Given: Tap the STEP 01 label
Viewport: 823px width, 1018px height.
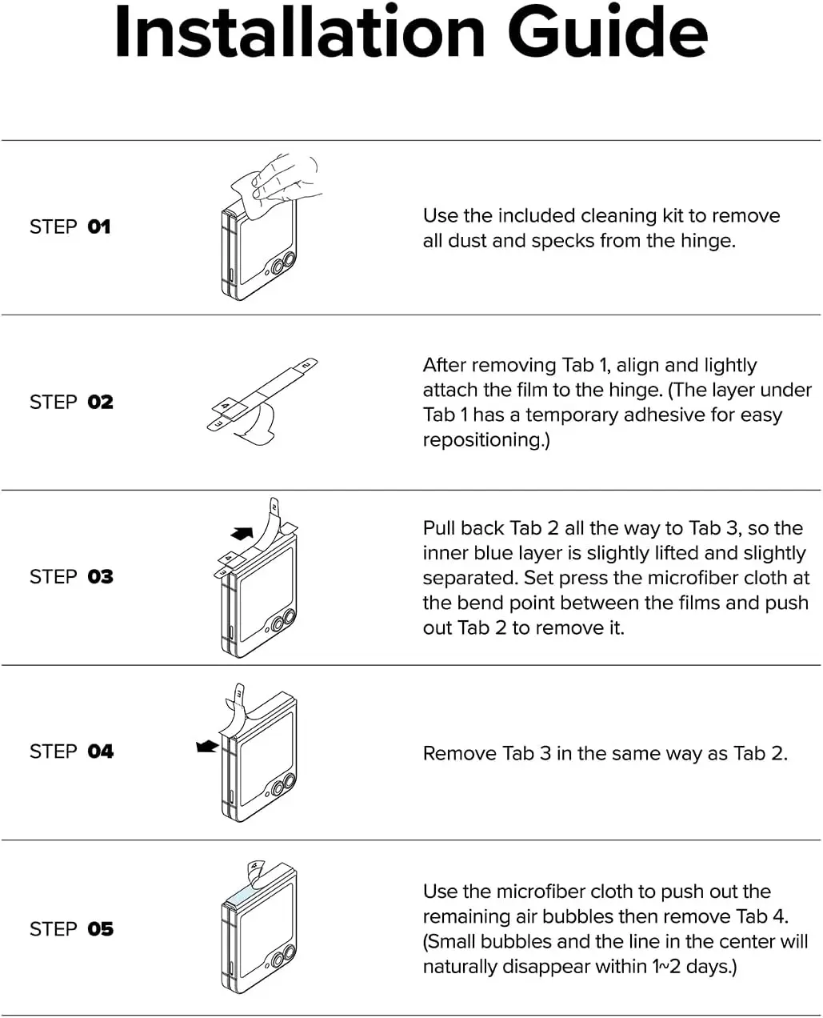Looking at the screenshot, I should pos(70,227).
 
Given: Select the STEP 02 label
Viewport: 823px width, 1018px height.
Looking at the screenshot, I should pos(71,402).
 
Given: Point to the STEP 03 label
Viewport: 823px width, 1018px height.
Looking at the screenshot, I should pos(71,577).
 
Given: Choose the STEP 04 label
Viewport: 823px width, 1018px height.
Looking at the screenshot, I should pos(71,751).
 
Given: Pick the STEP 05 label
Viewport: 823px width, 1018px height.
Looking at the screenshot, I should pos(71,929).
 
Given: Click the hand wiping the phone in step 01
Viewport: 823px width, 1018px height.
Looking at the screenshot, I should pos(284,180).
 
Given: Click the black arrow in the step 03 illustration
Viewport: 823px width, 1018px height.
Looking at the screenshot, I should pos(241,532).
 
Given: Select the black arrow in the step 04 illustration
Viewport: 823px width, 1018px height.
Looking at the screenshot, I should pos(207,746).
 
